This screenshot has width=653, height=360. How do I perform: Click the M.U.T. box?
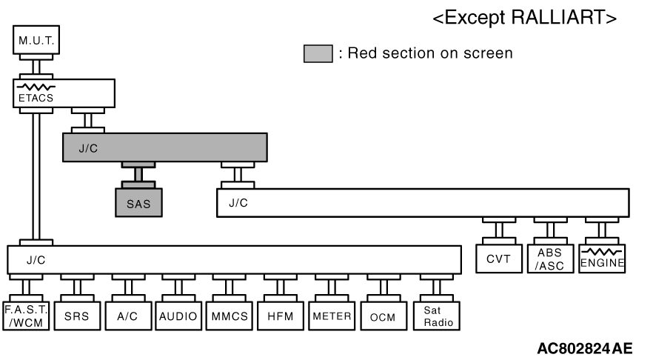point(36,40)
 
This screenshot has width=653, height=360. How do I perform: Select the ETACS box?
point(64,93)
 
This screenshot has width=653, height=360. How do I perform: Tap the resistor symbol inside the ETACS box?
point(36,87)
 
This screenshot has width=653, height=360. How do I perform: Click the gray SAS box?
point(138,202)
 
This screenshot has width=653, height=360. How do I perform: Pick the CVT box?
point(499,259)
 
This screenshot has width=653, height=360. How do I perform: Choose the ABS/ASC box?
point(550,259)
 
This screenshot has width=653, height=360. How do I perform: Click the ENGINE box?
point(602,259)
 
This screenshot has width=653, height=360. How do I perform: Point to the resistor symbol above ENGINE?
point(602,252)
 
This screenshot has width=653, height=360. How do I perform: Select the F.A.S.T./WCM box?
point(26,316)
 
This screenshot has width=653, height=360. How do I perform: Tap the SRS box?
point(77,316)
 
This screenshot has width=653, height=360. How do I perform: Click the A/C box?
point(128,316)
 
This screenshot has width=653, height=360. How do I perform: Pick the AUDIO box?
point(178,316)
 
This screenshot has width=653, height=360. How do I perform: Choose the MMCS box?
point(229,316)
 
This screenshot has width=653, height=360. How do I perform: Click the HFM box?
point(281,316)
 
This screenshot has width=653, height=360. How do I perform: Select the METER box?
point(332,316)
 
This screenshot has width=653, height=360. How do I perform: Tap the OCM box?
point(384,316)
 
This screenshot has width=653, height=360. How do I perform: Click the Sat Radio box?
point(437,316)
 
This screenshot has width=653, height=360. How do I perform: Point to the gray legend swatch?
point(318,54)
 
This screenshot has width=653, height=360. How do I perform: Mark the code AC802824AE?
point(585,348)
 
